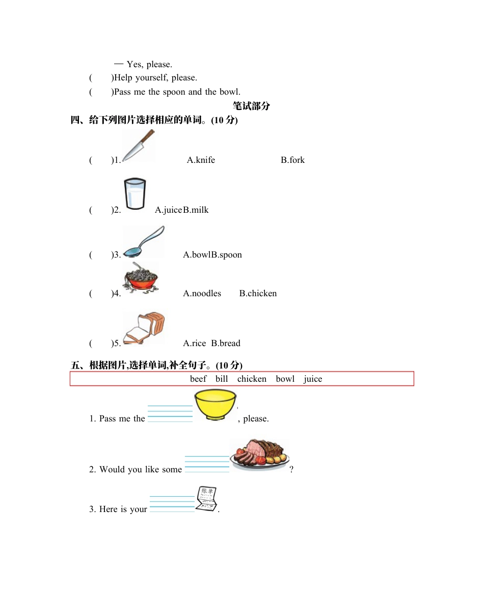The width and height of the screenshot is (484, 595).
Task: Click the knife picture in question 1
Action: point(138,146)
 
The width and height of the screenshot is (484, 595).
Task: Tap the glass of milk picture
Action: point(135,193)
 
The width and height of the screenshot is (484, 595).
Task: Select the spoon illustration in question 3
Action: point(144,242)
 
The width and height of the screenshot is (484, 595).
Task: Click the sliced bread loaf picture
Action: point(145,328)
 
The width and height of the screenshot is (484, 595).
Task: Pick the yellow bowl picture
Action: point(215,405)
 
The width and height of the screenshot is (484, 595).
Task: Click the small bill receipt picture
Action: point(207,499)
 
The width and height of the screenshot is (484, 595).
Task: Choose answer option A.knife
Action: point(201,160)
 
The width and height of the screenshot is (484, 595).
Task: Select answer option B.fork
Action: point(292,160)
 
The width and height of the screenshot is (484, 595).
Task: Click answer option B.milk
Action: point(196,210)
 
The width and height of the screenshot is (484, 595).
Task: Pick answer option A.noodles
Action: point(202,293)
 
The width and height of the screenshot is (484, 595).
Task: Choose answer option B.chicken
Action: point(258,293)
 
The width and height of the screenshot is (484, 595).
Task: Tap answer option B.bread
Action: point(226,343)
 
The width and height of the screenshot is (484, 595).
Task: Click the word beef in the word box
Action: point(198,379)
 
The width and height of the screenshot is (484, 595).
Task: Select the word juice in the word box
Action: point(313,379)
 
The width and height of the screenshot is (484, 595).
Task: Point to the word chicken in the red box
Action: point(252,379)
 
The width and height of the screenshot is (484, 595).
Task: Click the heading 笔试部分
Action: point(251,106)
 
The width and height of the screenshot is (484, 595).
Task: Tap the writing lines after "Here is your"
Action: point(172,503)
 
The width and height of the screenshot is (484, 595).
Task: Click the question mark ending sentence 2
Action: point(291,469)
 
